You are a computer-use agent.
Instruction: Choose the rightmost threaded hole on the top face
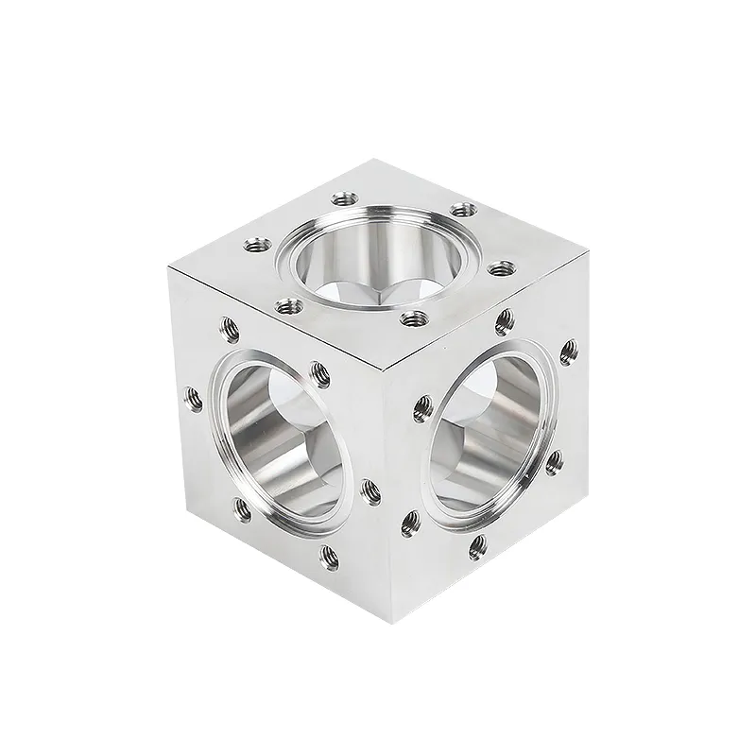[499, 268]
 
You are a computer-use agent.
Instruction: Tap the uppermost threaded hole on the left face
[227, 328]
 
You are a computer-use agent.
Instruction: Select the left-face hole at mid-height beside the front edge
[369, 489]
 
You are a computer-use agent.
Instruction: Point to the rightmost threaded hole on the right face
[567, 352]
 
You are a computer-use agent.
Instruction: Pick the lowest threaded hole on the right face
[477, 545]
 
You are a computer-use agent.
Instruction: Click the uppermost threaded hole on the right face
[505, 321]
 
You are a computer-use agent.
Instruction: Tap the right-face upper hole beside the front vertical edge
[422, 408]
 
